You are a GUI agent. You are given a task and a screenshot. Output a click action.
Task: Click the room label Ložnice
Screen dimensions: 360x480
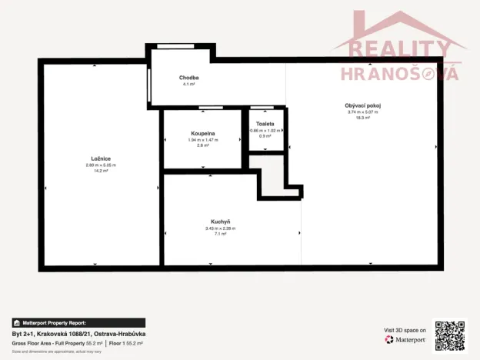[101, 158]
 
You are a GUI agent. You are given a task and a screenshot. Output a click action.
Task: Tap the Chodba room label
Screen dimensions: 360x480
[189, 78]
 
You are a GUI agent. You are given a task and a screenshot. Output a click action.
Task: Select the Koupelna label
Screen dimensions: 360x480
[203, 133]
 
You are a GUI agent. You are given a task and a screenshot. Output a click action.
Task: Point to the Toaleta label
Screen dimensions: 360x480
[265, 123]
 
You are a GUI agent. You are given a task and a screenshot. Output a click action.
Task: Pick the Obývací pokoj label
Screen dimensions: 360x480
[363, 105]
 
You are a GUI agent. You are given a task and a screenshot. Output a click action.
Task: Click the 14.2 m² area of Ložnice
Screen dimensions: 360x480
[101, 171]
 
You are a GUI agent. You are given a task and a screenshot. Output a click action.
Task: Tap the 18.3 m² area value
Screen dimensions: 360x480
[363, 118]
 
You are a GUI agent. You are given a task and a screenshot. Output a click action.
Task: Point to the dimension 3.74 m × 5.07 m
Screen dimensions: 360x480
[363, 112]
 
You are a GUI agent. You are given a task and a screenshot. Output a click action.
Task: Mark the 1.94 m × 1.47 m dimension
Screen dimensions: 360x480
[203, 139]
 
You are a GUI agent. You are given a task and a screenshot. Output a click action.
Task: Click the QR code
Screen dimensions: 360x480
[449, 335]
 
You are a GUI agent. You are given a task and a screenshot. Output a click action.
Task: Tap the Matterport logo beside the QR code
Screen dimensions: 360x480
[406, 338]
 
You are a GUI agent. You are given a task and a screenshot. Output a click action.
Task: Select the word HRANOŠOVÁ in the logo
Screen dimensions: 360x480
[400, 73]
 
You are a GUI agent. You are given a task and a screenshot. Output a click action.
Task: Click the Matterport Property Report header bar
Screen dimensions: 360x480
[78, 323]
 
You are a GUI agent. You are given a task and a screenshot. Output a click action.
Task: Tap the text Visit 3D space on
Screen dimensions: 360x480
[405, 330]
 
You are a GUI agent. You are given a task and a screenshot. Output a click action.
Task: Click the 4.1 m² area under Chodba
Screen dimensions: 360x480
[189, 84]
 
